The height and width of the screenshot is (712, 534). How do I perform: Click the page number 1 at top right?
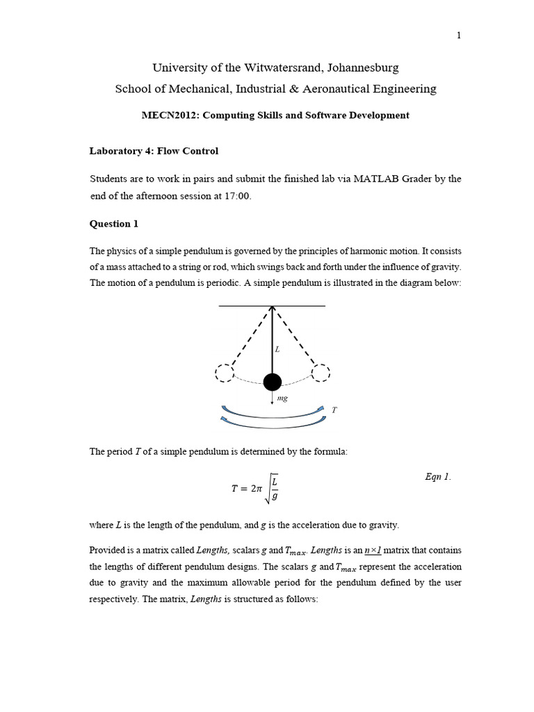pyautogui.click(x=459, y=36)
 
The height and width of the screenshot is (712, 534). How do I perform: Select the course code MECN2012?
pyautogui.click(x=165, y=115)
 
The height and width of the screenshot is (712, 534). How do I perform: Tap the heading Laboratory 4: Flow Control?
pyautogui.click(x=154, y=151)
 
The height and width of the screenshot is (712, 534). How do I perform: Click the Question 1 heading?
pyautogui.click(x=110, y=224)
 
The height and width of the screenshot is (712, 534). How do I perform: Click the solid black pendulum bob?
pyautogui.click(x=272, y=382)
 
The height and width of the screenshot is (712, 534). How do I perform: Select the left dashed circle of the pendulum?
pyautogui.click(x=225, y=373)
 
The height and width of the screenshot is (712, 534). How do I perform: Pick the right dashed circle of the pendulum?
pyautogui.click(x=321, y=373)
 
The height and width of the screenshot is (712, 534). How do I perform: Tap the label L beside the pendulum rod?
pyautogui.click(x=277, y=350)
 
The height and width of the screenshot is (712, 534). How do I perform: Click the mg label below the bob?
pyautogui.click(x=282, y=398)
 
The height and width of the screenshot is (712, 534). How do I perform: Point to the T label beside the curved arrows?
pyautogui.click(x=334, y=410)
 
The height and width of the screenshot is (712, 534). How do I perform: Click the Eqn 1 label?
pyautogui.click(x=437, y=477)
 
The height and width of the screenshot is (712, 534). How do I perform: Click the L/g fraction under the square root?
pyautogui.click(x=275, y=488)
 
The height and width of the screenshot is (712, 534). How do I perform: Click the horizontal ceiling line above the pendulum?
pyautogui.click(x=272, y=306)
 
